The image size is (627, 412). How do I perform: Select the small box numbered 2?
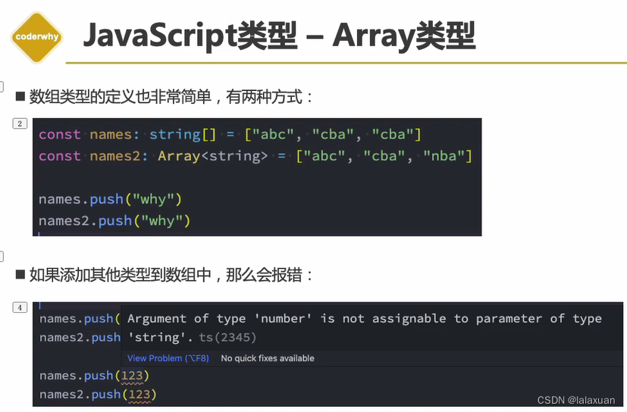coord(20,123)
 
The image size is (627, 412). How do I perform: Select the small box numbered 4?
coord(20,307)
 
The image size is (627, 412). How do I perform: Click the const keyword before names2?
coord(59,155)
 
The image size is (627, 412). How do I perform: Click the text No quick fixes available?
coord(267,358)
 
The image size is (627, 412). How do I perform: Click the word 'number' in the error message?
coord(281,319)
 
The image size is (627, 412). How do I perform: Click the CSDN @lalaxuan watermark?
coord(576,400)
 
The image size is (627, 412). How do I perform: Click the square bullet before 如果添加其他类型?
coord(20,276)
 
